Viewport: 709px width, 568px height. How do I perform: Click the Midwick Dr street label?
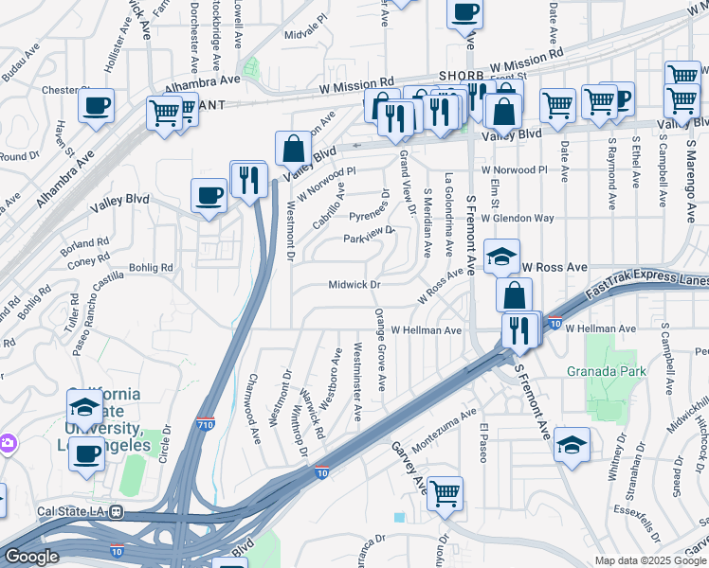tap(354, 284)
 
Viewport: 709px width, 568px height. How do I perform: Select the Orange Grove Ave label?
tap(380, 348)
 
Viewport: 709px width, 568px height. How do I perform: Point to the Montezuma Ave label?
tap(446, 429)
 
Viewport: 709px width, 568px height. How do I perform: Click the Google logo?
tap(31, 556)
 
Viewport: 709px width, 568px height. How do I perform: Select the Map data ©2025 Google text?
tap(649, 559)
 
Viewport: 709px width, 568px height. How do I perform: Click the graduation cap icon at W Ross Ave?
tap(501, 255)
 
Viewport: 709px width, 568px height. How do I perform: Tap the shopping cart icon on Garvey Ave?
tap(445, 492)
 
